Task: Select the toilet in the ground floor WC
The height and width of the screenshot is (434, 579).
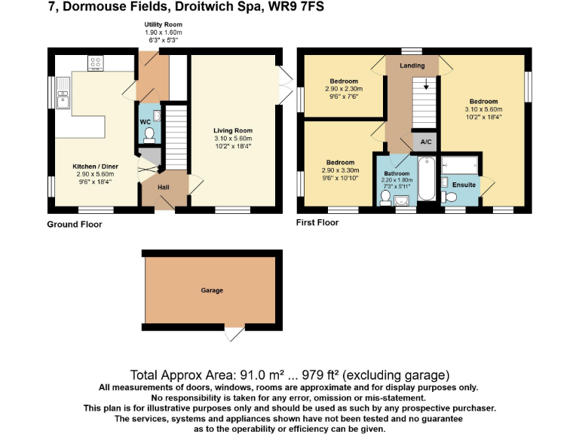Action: click(149, 134)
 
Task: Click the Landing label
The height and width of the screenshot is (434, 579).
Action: click(412, 66)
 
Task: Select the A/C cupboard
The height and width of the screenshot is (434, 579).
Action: click(425, 142)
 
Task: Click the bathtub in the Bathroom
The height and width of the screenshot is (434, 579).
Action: click(427, 179)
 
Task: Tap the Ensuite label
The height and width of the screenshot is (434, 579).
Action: click(464, 185)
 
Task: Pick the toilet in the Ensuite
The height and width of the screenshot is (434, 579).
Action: click(451, 196)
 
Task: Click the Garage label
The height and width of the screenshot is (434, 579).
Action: click(212, 290)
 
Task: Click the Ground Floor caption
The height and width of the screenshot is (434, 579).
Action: click(74, 224)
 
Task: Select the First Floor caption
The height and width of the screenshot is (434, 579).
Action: click(318, 222)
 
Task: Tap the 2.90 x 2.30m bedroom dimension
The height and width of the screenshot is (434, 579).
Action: click(343, 89)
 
